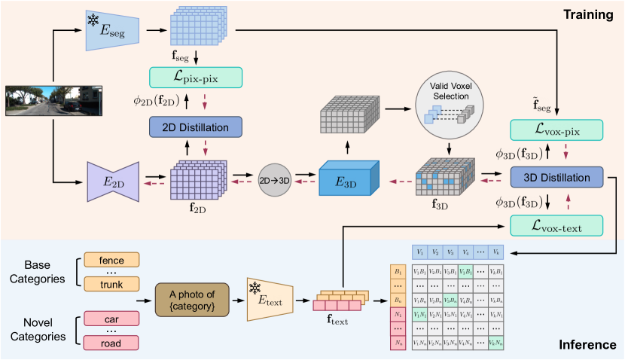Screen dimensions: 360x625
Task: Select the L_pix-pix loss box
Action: coord(195,77)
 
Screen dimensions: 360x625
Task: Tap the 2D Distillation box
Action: coord(195,127)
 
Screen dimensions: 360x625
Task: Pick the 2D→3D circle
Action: coord(274,181)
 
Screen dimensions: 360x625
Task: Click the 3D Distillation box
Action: coord(556,178)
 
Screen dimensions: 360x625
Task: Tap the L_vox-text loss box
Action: coord(556,224)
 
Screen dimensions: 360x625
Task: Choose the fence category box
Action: coord(112,260)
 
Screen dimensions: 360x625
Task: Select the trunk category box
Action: coord(112,284)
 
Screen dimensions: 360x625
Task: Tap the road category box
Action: coord(112,343)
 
